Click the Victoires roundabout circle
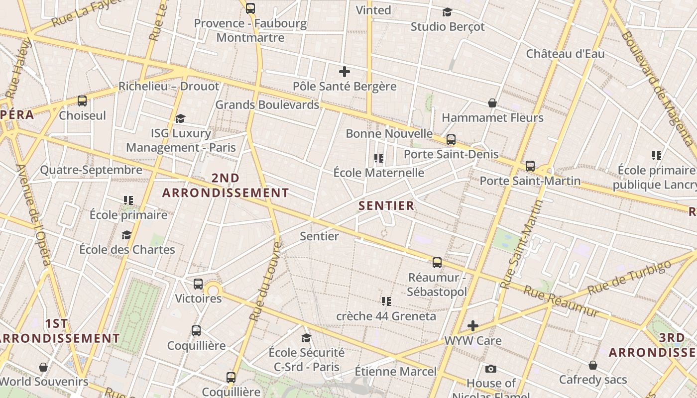(213, 291)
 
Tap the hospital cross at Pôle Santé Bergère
(344, 72)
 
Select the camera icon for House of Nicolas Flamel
(490, 369)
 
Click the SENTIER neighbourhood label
(386, 205)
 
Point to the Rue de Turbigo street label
(629, 277)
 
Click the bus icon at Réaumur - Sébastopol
(437, 263)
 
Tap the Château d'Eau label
(565, 53)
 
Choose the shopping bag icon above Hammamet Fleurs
(492, 103)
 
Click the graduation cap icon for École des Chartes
(126, 235)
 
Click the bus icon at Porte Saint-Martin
(530, 166)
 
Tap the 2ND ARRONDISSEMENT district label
(226, 185)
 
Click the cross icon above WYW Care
(472, 326)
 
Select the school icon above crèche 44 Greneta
(386, 301)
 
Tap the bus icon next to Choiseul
(82, 101)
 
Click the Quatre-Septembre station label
(91, 170)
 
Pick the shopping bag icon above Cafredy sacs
(592, 365)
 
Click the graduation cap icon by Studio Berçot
(447, 12)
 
